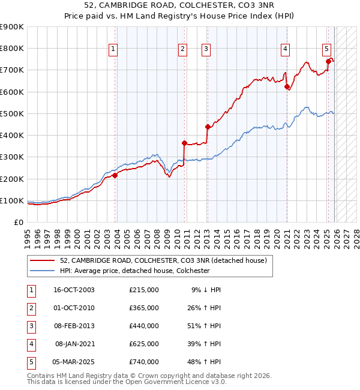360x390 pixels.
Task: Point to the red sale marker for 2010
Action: [185, 143]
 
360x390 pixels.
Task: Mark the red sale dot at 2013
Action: [208, 127]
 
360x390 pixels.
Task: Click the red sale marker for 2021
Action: [287, 86]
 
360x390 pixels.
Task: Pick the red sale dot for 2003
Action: [115, 175]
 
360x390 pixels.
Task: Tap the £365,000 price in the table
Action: [144, 308]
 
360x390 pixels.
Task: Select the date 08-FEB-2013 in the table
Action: [74, 326]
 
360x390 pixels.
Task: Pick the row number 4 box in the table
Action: [29, 344]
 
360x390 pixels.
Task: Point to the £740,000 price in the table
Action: [144, 362]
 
